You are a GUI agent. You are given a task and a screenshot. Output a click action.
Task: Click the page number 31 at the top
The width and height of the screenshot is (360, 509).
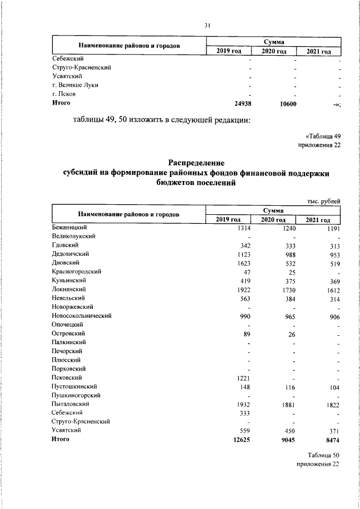(x=207, y=25)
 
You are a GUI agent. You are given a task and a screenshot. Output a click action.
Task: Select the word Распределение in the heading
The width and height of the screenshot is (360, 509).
(x=196, y=163)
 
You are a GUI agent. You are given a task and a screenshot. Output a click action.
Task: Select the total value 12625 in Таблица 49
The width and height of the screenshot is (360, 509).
(x=242, y=439)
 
